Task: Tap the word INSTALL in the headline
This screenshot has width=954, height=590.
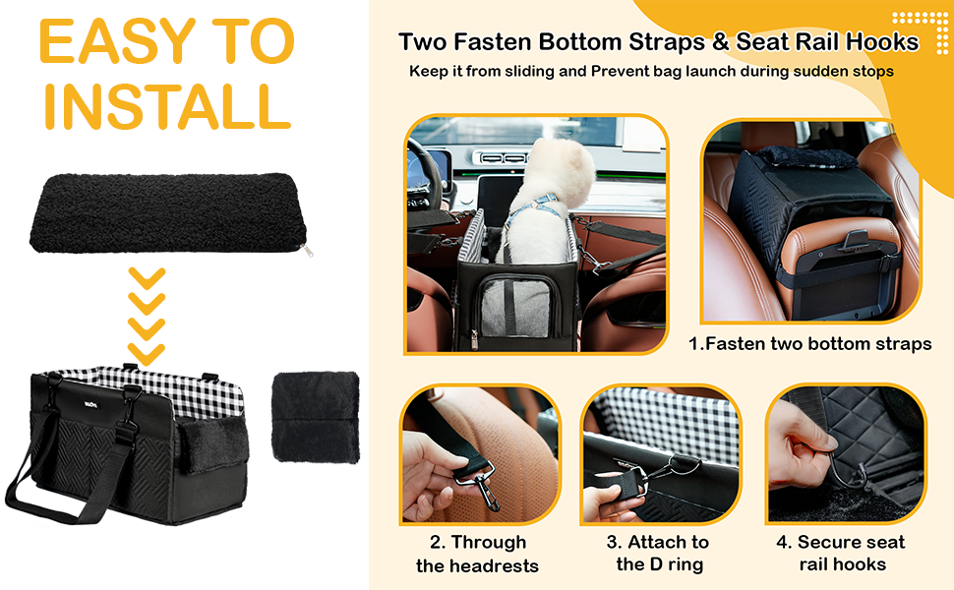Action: pos(165,105)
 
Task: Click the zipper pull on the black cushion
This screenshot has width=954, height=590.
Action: pos(312,251)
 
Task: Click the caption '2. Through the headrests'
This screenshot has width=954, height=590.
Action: pos(478,554)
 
